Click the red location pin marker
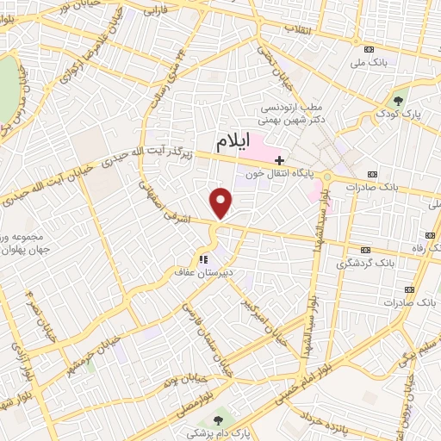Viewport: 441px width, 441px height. [x=222, y=203]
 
